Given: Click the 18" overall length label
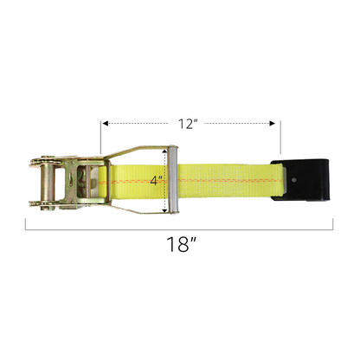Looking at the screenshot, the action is pyautogui.click(x=182, y=244).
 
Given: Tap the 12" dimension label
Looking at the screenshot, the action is pyautogui.click(x=188, y=124).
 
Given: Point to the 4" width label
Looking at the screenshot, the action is pyautogui.click(x=157, y=181).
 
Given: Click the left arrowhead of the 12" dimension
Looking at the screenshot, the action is pyautogui.click(x=106, y=124).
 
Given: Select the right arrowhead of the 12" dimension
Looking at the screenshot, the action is pyautogui.click(x=272, y=124).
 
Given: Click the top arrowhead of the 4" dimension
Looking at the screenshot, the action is pyautogui.click(x=164, y=151).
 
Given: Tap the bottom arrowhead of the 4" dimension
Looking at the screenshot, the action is pyautogui.click(x=164, y=210).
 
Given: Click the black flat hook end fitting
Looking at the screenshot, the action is pyautogui.click(x=300, y=179).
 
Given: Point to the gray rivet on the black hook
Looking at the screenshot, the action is pyautogui.click(x=294, y=180).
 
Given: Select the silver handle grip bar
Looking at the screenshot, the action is pyautogui.click(x=173, y=180).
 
